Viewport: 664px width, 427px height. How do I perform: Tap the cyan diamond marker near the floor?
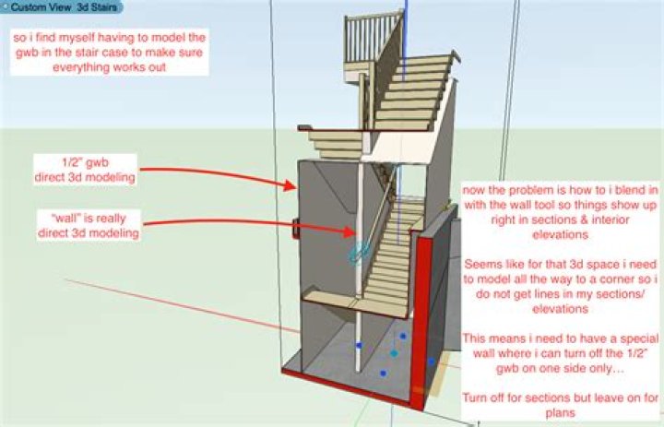point(394,353)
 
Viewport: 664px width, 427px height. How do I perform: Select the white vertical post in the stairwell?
point(360,304)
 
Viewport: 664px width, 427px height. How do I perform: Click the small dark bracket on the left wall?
point(296,225)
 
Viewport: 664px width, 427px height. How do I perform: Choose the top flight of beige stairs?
point(415,92)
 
